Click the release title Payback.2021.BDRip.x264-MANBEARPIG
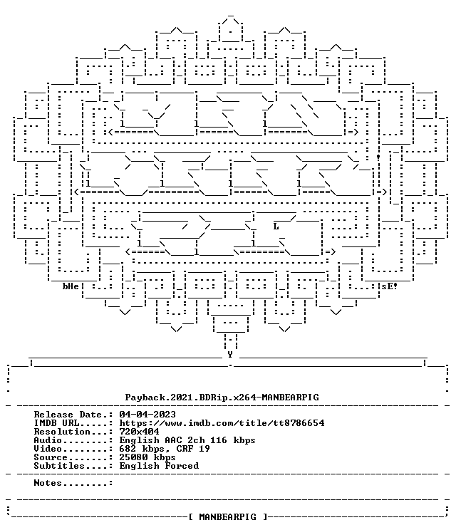[222, 397]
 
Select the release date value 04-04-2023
[147, 415]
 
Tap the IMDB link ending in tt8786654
[222, 423]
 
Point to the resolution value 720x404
[139, 432]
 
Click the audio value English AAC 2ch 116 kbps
[187, 440]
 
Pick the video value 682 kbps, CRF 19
[165, 449]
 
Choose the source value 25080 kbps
[147, 457]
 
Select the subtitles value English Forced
[159, 466]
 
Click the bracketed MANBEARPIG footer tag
[227, 517]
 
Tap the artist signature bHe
[71, 286]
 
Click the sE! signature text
[390, 286]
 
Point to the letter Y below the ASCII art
[230, 355]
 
